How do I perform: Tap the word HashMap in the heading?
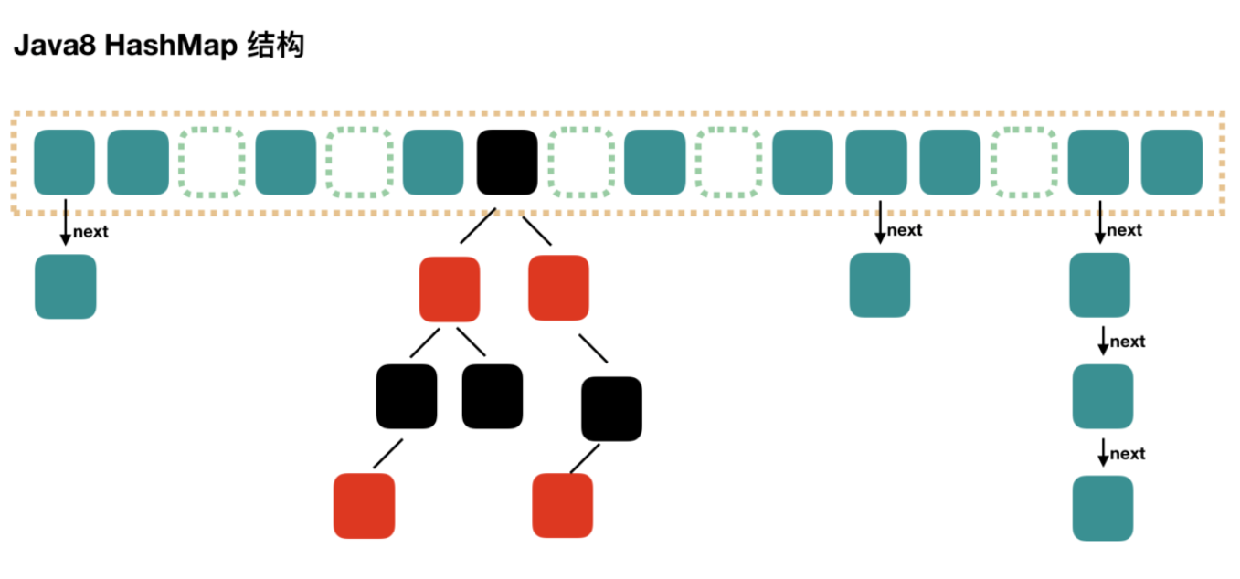click(x=171, y=47)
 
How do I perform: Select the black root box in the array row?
click(x=507, y=163)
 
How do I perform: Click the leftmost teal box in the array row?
click(x=64, y=163)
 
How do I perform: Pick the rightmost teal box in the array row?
click(x=1171, y=163)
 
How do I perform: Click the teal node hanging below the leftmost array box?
click(x=65, y=287)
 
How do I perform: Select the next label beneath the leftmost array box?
click(x=90, y=232)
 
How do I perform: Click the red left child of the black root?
click(x=450, y=289)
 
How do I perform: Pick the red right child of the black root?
click(x=558, y=288)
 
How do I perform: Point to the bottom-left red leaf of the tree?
click(x=365, y=506)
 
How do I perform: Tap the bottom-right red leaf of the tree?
click(x=562, y=505)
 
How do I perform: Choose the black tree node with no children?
click(x=493, y=396)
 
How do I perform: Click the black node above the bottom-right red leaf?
click(x=611, y=408)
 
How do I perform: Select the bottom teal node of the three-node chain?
click(x=1103, y=508)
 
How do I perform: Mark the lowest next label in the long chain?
click(x=1128, y=454)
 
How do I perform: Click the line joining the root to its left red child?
click(x=478, y=226)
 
